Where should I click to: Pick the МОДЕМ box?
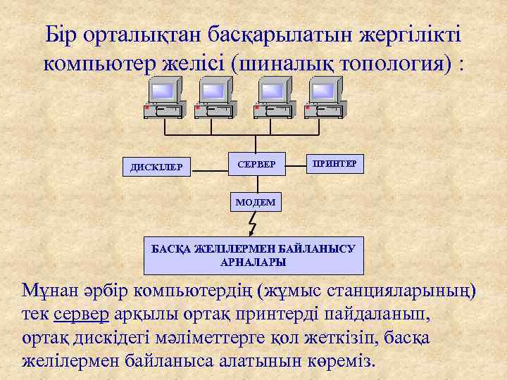[256, 201]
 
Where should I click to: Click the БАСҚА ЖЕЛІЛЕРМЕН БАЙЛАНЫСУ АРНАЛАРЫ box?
[254, 254]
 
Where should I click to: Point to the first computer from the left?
[164, 98]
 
